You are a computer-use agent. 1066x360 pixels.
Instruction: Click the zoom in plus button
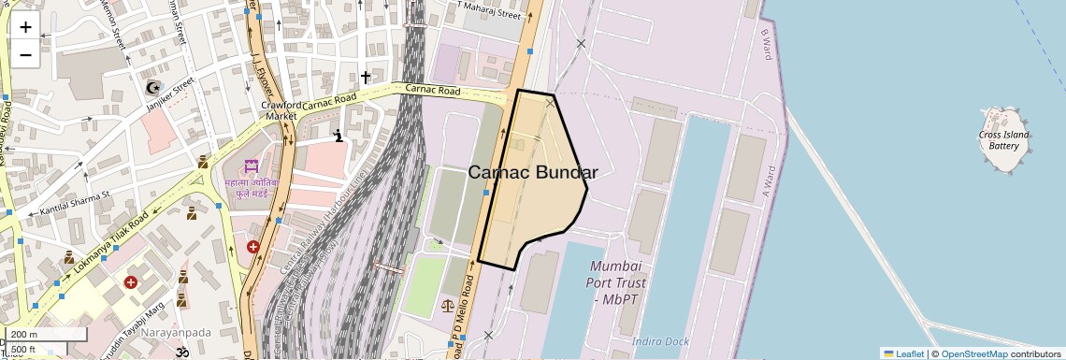tap(25, 26)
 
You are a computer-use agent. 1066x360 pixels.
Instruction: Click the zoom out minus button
tap(25, 54)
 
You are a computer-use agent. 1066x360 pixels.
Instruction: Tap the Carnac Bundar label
tap(532, 172)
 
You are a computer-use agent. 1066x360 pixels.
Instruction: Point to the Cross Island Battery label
tap(1003, 140)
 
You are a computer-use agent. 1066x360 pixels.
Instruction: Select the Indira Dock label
tap(660, 341)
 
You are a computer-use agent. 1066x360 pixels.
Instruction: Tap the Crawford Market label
tap(281, 110)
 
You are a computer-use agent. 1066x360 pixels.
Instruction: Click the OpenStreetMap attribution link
tap(973, 353)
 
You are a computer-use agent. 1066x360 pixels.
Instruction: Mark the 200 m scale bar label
tap(24, 335)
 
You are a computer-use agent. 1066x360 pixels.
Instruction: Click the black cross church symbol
tap(366, 76)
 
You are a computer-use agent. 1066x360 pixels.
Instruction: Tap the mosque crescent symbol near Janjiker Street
tap(153, 88)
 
